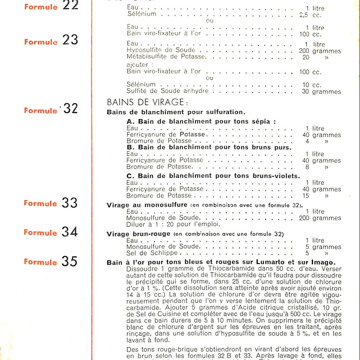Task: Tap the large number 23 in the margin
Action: click(70, 40)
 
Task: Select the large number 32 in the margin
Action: click(70, 109)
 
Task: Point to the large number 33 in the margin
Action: click(69, 203)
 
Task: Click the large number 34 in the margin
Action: click(69, 232)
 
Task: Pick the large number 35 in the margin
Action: click(69, 262)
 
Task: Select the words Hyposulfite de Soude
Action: click(161, 50)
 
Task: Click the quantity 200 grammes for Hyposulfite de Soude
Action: click(320, 51)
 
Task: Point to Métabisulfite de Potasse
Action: click(166, 57)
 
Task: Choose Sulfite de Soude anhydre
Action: click(168, 91)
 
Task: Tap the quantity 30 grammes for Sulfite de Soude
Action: click(321, 92)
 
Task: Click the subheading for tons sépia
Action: click(201, 121)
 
